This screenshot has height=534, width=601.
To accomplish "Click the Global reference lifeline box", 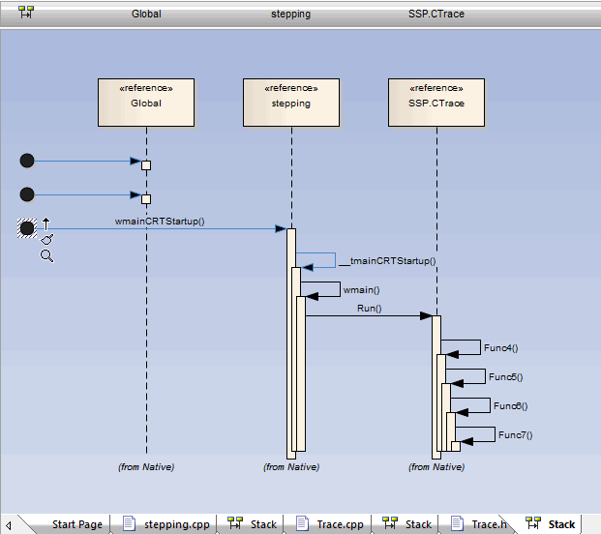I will (146, 102).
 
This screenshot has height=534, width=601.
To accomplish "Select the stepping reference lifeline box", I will (290, 102).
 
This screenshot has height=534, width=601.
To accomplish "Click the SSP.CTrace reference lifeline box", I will (436, 102).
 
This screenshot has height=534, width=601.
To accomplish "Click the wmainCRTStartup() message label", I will (160, 221).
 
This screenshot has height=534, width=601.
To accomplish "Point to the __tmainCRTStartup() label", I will (387, 260).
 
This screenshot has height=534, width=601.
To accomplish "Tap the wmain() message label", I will (361, 289).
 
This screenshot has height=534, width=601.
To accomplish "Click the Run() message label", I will (369, 309).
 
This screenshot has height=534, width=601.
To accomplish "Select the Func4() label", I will (500, 347).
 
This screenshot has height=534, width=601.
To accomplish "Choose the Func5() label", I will (505, 376).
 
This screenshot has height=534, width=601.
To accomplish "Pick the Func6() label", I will (510, 405).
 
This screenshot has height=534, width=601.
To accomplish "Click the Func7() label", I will (515, 434).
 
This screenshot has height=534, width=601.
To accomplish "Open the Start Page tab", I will (76, 524).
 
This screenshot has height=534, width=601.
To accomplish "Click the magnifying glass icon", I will (46, 255).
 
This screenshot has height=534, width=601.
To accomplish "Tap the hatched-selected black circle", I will (27, 228).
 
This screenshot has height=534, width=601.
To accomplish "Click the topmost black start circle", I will (27, 161).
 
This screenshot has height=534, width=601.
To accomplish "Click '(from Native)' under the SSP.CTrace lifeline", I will (436, 466).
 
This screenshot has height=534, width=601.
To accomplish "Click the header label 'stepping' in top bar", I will (290, 15).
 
